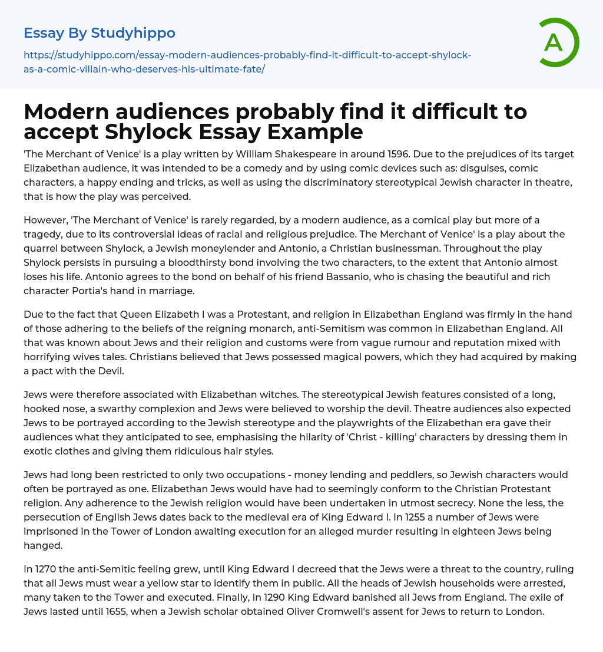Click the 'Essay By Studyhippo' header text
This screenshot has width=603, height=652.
[100, 33]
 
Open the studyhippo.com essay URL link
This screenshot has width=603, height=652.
[247, 62]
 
